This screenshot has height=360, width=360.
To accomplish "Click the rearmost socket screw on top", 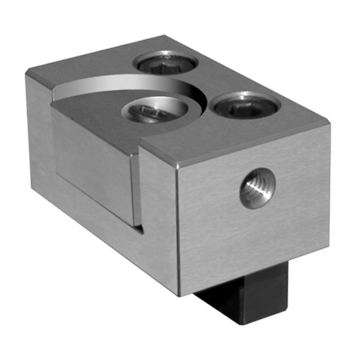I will [x=165, y=62].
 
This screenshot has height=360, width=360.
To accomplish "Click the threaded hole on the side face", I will [x=257, y=188].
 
